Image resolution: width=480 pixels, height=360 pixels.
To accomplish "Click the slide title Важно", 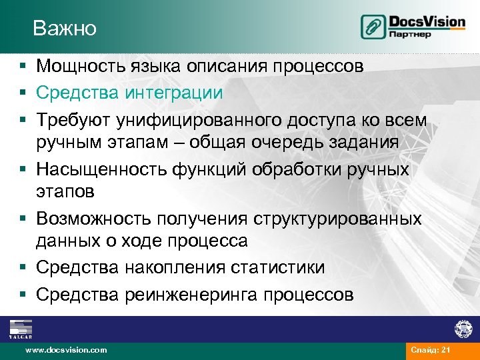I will coord(65,29).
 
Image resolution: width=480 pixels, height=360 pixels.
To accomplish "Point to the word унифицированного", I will coord(205,118).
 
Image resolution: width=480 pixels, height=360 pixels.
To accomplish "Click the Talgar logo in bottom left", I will coord(21,329).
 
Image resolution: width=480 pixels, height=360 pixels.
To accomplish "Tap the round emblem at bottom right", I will coord(463,329).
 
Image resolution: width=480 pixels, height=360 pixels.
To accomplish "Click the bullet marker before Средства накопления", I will coord(23,268).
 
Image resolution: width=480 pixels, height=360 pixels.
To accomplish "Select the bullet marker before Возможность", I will coord(23,219).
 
